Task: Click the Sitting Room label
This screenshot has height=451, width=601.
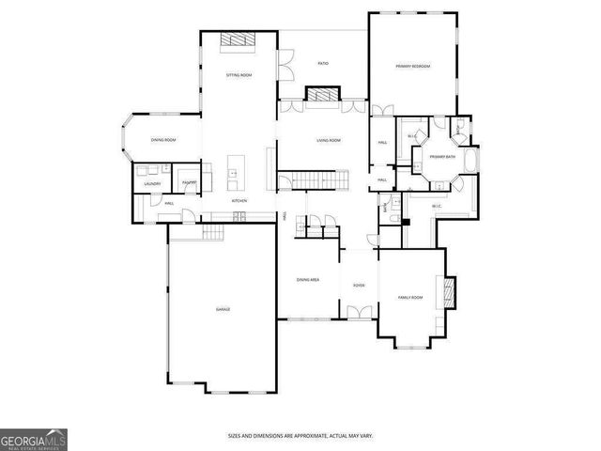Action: pos(239,74)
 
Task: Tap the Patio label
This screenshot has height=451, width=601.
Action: pos(323,64)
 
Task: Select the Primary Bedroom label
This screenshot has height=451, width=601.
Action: pos(413,66)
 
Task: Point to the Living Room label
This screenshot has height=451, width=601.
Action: pos(328,140)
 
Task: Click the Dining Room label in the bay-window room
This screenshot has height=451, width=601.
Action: pos(163,140)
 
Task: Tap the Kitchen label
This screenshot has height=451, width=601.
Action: pos(239,201)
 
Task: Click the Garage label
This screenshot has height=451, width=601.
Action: pos(223,309)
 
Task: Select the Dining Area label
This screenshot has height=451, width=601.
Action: pos(308,279)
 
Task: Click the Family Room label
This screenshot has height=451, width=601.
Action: pos(410,297)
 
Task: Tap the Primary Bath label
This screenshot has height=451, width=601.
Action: pos(443,156)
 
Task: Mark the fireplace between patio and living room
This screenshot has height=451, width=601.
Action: pos(323,94)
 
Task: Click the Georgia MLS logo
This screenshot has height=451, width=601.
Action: pos(34,440)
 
